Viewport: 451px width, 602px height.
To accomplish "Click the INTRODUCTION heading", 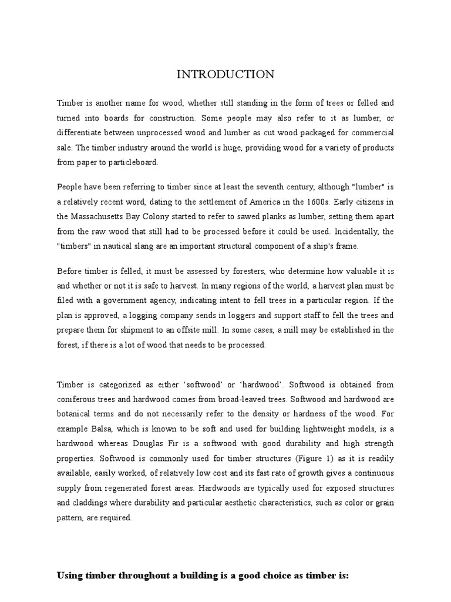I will (225, 74).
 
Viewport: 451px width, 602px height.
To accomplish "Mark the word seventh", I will (255, 187).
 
